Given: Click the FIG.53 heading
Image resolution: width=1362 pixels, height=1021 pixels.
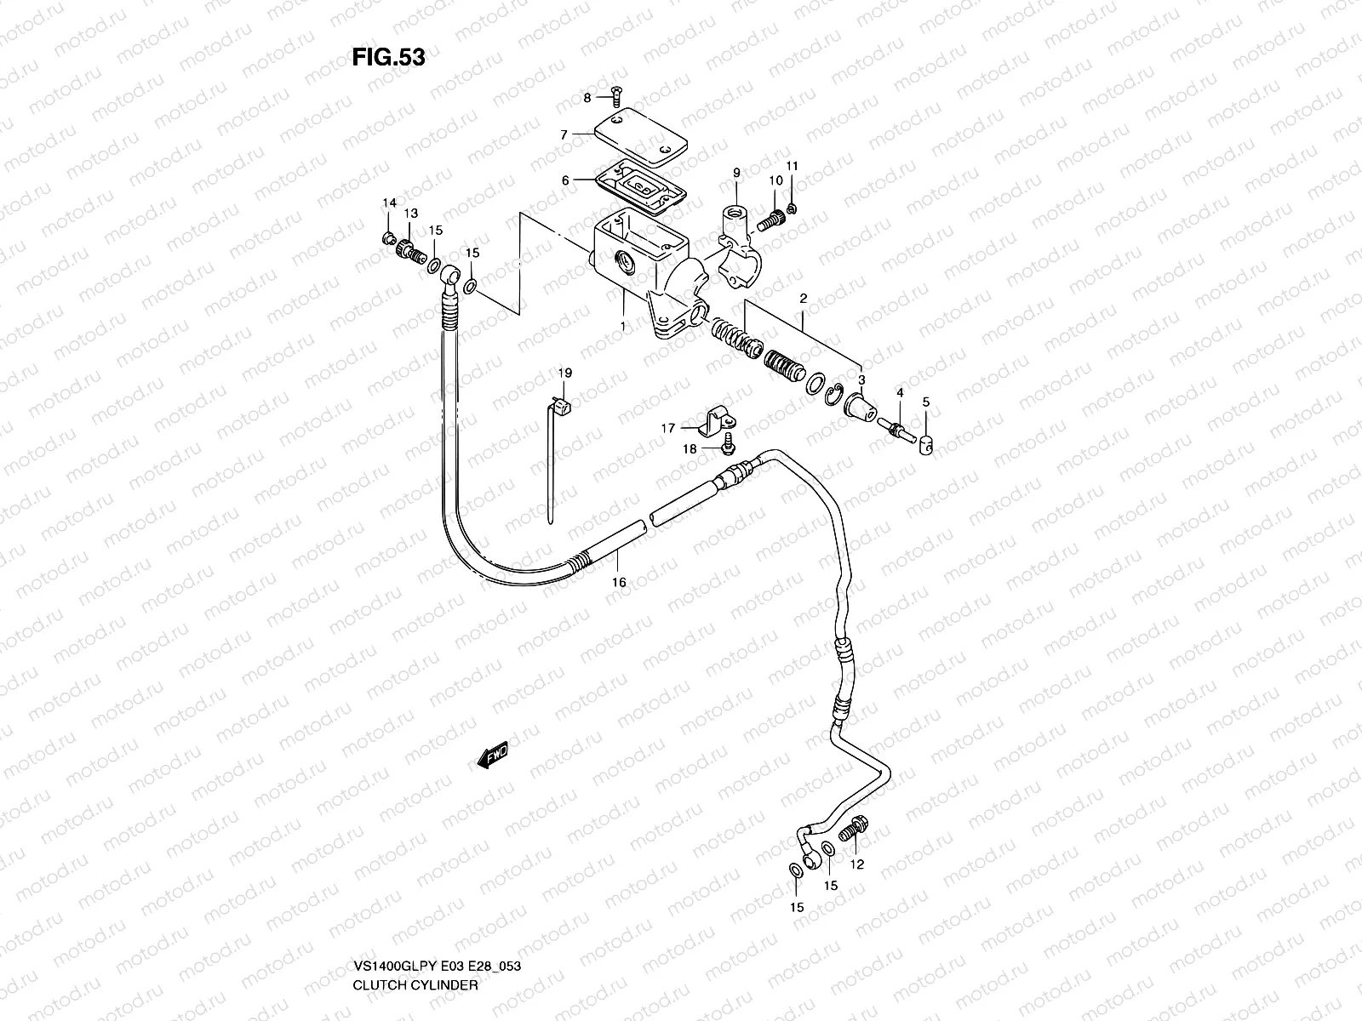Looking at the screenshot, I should tap(388, 57).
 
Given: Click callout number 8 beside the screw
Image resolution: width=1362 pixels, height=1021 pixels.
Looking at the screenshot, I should tap(587, 99).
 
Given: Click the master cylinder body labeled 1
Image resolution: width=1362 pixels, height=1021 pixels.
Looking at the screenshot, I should tap(634, 255).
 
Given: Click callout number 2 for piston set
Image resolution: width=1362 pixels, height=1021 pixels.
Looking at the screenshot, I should tap(801, 299).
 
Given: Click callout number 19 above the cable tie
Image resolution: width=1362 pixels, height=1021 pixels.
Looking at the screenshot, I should tap(566, 373).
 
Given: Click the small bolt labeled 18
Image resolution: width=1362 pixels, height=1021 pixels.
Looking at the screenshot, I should tap(729, 440).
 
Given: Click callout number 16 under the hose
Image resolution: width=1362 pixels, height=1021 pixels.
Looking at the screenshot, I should tap(619, 582).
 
